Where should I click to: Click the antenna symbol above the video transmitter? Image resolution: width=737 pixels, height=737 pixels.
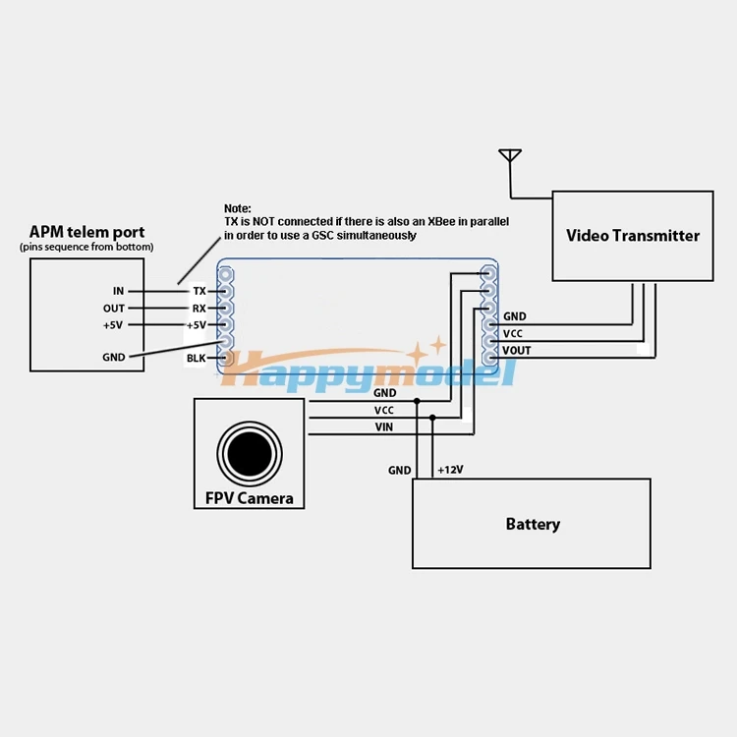510,156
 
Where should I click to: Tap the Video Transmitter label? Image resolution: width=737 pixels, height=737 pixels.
633,236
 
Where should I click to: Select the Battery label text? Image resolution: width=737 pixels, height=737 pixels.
533,524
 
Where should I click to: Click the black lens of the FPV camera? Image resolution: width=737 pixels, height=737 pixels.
250,454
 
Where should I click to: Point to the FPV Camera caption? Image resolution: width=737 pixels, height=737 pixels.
250,498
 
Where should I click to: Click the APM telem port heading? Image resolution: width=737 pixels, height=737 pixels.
86,232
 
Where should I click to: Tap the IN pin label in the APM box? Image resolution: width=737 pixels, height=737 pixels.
119,291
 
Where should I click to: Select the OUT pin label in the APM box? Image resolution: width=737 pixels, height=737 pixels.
114,309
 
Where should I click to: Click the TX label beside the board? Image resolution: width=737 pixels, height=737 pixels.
199,291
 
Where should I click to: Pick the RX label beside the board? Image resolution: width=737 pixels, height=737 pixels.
199,309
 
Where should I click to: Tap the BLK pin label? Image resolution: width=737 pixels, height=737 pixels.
196,358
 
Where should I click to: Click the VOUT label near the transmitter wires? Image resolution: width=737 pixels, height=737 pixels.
517,351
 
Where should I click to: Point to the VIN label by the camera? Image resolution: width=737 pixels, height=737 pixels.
384,427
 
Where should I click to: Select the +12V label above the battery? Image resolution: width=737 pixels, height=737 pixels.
450,470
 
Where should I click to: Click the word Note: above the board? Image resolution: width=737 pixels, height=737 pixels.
238,208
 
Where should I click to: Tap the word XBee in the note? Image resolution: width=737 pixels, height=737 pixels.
441,221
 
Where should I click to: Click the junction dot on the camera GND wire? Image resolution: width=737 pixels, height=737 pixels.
417,401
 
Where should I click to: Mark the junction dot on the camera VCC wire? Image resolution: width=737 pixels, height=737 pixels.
432,418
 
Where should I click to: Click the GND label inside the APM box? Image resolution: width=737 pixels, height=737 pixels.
114,358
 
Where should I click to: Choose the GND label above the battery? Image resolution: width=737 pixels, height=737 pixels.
400,470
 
